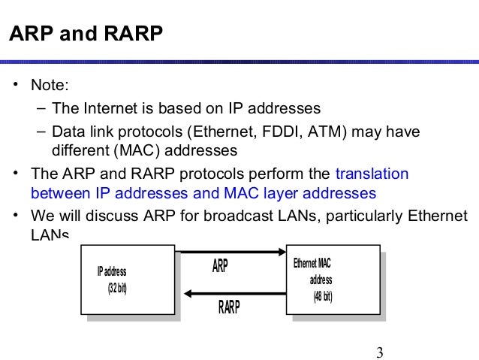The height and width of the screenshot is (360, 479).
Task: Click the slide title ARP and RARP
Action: click(x=85, y=35)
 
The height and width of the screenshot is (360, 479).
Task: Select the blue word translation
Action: click(x=372, y=174)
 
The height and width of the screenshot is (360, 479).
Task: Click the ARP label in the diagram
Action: click(x=220, y=266)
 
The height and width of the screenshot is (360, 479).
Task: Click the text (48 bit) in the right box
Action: click(x=322, y=295)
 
